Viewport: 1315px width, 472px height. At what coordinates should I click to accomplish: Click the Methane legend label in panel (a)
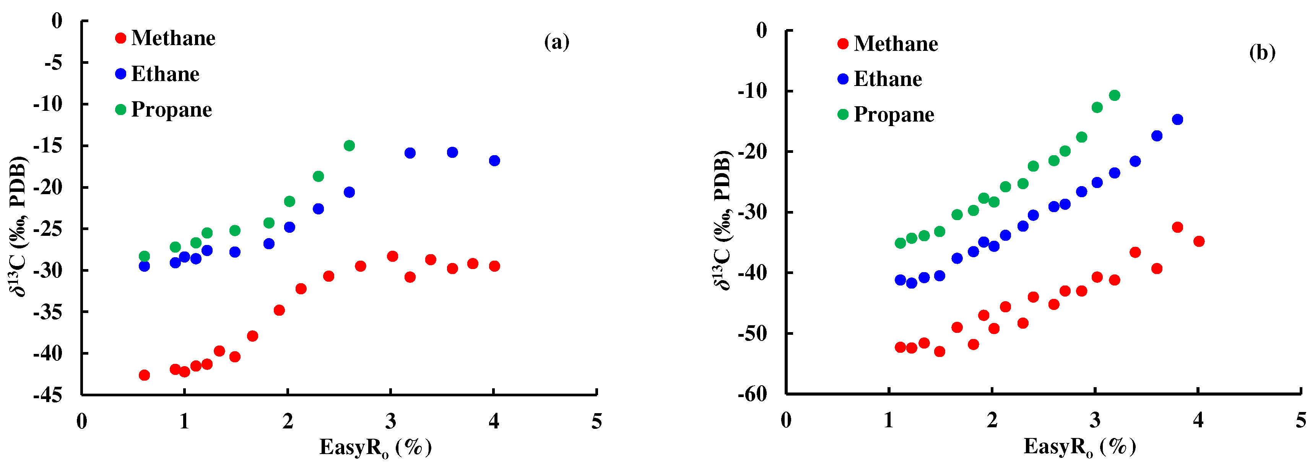(x=173, y=38)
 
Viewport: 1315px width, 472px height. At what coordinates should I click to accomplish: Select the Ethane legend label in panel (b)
(x=888, y=79)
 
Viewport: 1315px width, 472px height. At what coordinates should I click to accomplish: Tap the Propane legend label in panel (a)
(x=172, y=110)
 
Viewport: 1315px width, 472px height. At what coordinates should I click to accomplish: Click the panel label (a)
(x=556, y=42)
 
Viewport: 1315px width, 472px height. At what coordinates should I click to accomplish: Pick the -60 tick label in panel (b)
(x=753, y=394)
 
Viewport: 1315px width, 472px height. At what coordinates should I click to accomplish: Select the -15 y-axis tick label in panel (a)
(x=47, y=146)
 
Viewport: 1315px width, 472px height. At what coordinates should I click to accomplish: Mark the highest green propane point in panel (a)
(x=349, y=146)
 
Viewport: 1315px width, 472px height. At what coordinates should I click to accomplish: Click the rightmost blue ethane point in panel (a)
(x=494, y=161)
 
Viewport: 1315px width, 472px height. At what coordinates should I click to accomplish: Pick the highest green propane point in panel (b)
(x=1114, y=96)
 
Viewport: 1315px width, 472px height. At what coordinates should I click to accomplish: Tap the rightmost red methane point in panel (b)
(x=1199, y=242)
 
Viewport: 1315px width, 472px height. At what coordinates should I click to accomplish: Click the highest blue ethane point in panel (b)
(x=1178, y=119)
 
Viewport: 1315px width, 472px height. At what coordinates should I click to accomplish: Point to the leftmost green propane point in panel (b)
(x=901, y=243)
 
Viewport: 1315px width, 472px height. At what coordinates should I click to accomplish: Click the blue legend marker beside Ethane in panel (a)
(x=120, y=74)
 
